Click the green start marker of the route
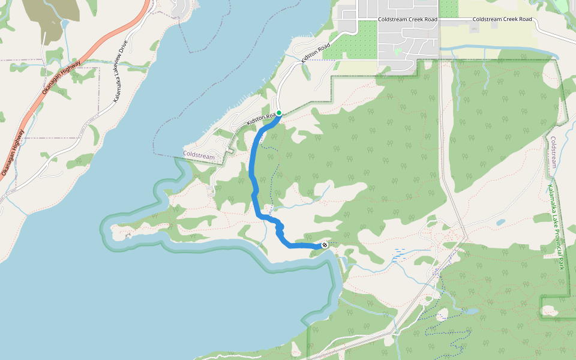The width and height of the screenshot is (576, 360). click(x=279, y=113)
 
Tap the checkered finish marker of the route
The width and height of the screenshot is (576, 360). click(x=325, y=245)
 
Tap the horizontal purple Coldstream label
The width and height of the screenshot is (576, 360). click(x=199, y=155)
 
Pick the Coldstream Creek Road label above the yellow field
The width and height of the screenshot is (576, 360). click(x=502, y=19)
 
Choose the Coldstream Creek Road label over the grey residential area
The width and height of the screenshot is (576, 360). click(x=407, y=19)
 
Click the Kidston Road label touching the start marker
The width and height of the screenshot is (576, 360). click(x=262, y=119)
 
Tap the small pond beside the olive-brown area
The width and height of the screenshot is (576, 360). click(x=65, y=25)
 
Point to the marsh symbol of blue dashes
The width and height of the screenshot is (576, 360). click(x=400, y=253)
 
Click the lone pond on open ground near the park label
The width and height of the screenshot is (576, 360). click(x=500, y=222)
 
